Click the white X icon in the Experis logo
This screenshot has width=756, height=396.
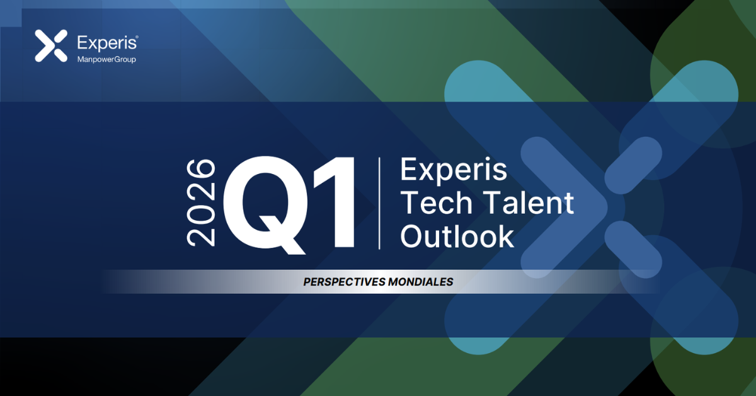pos(51,45)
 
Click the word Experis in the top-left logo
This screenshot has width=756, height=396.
pos(106,43)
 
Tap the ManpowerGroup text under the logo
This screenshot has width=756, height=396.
pos(106,59)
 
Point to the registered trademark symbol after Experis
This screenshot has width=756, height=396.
pos(137,37)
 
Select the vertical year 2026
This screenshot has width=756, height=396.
pos(201,203)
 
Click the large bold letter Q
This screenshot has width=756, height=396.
pos(266,204)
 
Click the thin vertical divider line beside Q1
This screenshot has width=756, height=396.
pos(379,203)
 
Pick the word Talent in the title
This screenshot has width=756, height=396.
pos(529,202)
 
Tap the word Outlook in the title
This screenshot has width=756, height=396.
pos(457,236)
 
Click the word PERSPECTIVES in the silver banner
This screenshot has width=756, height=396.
pos(344,282)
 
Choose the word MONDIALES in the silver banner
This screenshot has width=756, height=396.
pos(421,282)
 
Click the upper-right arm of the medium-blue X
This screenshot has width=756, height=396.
pos(633,166)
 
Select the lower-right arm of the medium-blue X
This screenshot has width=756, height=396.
pos(633,250)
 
